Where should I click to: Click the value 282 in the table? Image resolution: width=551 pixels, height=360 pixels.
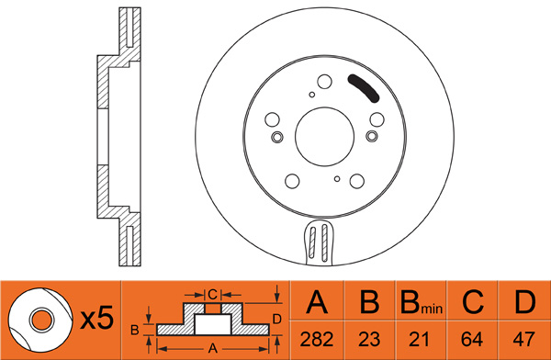[x=317, y=340]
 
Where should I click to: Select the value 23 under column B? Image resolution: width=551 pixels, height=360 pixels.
[x=370, y=340]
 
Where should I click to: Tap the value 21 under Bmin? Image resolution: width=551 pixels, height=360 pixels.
[x=420, y=340]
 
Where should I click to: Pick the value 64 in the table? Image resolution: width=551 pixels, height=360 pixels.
[x=472, y=340]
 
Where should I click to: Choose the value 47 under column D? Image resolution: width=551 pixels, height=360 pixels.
[x=524, y=340]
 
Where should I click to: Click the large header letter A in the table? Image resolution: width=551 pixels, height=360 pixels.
[x=317, y=302]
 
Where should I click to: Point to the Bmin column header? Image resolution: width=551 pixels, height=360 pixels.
[x=422, y=303]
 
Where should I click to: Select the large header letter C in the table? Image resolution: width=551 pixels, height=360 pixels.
[x=473, y=302]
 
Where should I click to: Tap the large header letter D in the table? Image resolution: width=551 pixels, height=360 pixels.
[x=525, y=302]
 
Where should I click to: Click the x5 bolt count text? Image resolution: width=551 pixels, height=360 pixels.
[x=97, y=318]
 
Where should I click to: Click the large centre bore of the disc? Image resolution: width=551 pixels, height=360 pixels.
[x=325, y=137]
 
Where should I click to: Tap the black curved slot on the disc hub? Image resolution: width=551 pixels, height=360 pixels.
[x=364, y=88]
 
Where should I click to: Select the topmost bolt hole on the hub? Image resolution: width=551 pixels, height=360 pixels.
[x=324, y=82]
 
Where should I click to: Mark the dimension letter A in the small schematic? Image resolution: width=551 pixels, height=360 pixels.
[x=213, y=348]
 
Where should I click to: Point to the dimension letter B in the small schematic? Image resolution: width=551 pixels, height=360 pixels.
[x=135, y=331]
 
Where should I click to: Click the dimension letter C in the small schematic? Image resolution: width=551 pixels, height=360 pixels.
[x=213, y=294]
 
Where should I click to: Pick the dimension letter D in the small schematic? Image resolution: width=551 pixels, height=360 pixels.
[x=277, y=320]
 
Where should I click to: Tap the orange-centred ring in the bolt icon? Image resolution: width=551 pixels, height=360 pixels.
[x=42, y=321]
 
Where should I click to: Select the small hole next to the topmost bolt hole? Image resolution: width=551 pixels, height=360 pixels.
[x=311, y=95]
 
